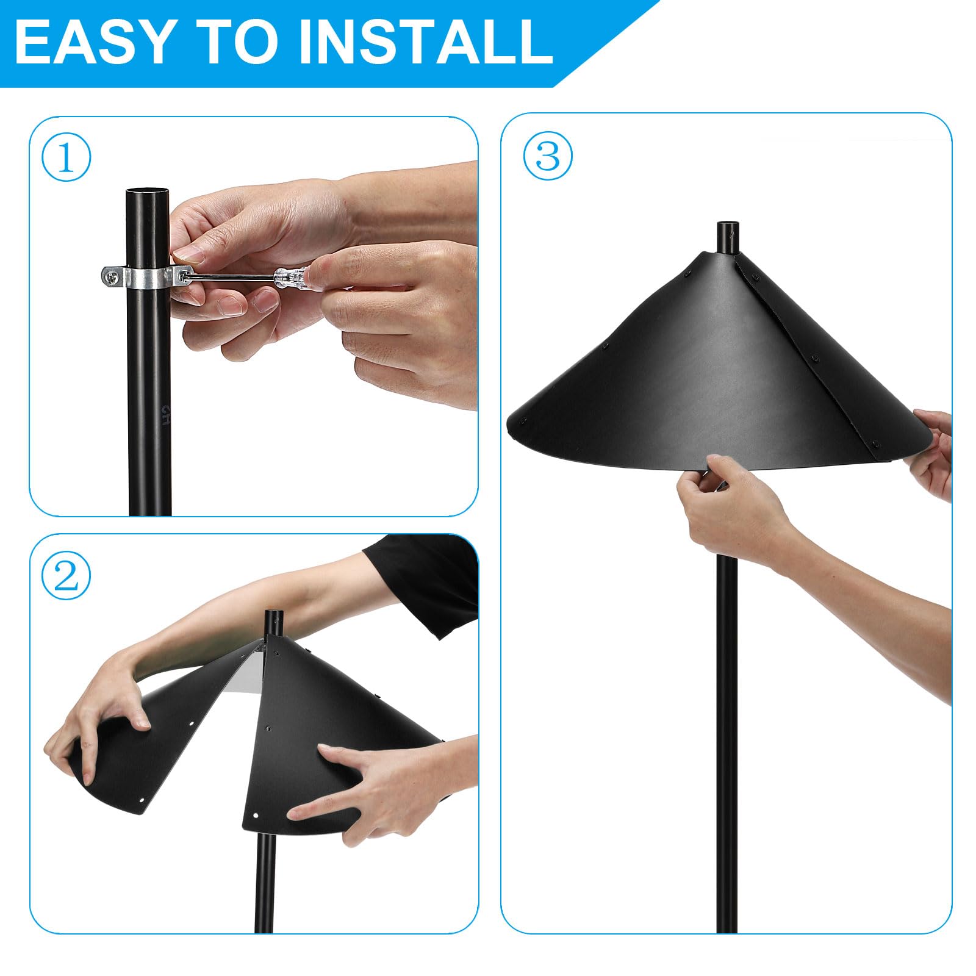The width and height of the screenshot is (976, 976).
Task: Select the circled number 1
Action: (66, 157)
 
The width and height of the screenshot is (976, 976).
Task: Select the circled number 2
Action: (66, 575)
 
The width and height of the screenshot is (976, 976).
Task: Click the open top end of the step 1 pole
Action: (149, 193)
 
